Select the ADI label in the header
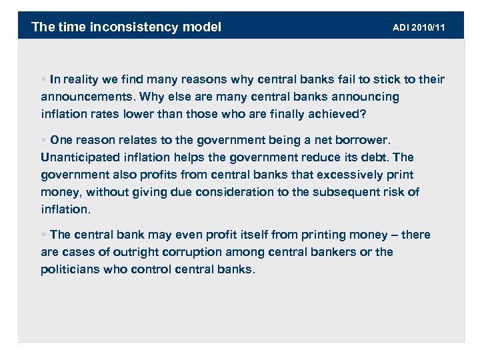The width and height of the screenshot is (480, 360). pos(401,27)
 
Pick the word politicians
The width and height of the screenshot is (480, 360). pos(70,269)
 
